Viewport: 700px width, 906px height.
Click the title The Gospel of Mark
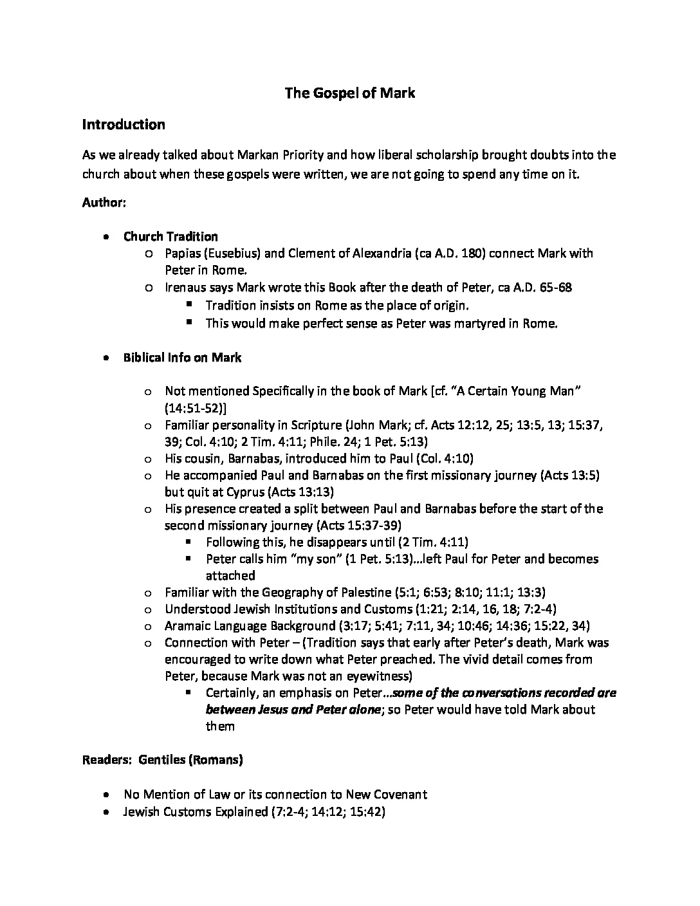click(350, 93)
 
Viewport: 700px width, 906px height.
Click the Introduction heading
click(124, 125)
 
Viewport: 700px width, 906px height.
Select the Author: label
click(104, 203)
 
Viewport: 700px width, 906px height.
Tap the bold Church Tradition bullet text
click(170, 236)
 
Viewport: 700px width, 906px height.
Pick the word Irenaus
click(187, 288)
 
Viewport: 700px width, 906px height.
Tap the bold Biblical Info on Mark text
click(182, 358)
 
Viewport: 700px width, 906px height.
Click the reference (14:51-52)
click(196, 408)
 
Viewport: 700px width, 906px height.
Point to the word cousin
click(204, 459)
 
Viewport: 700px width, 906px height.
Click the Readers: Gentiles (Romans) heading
click(163, 760)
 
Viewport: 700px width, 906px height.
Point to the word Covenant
click(400, 795)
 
